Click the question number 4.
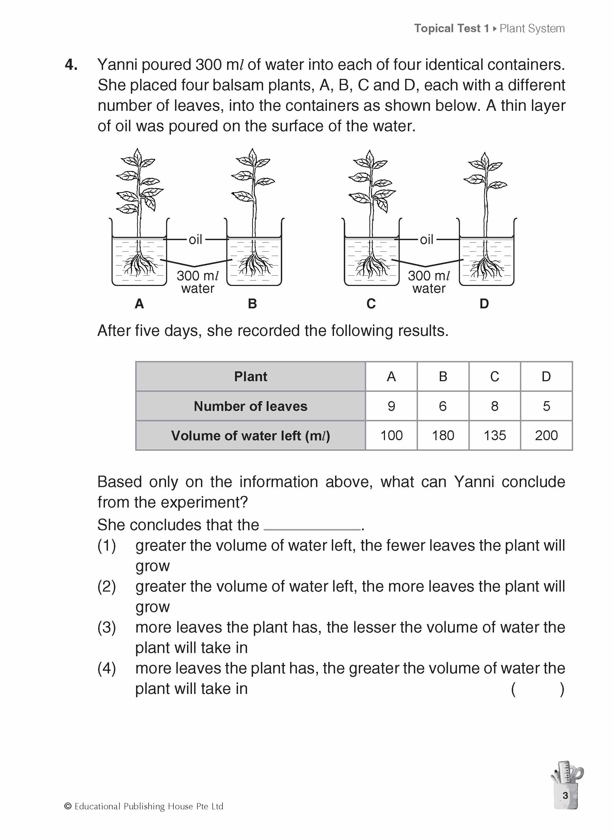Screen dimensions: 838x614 pyautogui.click(x=71, y=65)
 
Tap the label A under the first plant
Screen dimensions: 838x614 pyautogui.click(x=139, y=304)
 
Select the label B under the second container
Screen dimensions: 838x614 pyautogui.click(x=252, y=304)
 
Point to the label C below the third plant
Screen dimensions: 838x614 pyautogui.click(x=371, y=304)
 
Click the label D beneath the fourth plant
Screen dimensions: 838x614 pyautogui.click(x=484, y=304)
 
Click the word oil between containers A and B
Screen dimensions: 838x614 pyautogui.click(x=195, y=240)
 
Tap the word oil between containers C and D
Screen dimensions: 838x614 pyautogui.click(x=427, y=240)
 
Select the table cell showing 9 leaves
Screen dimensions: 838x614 pyautogui.click(x=391, y=406)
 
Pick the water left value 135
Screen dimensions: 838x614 pyautogui.click(x=494, y=436)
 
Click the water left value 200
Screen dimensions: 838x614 pyautogui.click(x=546, y=436)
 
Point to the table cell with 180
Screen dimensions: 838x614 pyautogui.click(x=443, y=436)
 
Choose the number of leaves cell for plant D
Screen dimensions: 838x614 pyautogui.click(x=546, y=406)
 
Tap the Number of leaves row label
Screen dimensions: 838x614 pyautogui.click(x=251, y=406)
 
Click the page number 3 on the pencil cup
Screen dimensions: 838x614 pyautogui.click(x=565, y=795)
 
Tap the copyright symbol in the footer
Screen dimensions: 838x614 pyautogui.click(x=68, y=806)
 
